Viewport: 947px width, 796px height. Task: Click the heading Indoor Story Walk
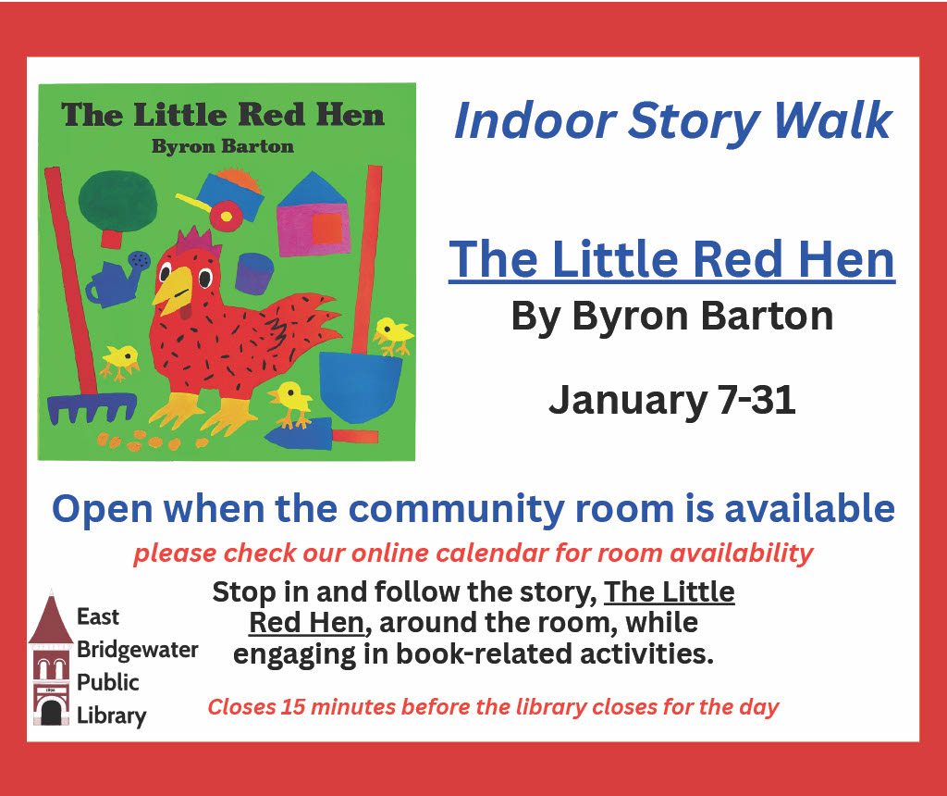click(672, 121)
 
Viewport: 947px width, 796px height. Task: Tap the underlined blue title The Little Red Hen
click(671, 260)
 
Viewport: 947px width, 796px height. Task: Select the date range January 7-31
click(671, 401)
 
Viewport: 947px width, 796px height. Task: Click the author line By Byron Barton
click(671, 317)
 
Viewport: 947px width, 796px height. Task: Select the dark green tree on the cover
click(117, 200)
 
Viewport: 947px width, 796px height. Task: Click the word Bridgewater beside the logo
click(137, 650)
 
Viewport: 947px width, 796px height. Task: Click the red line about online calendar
click(473, 553)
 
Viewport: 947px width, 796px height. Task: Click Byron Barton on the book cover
click(222, 146)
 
